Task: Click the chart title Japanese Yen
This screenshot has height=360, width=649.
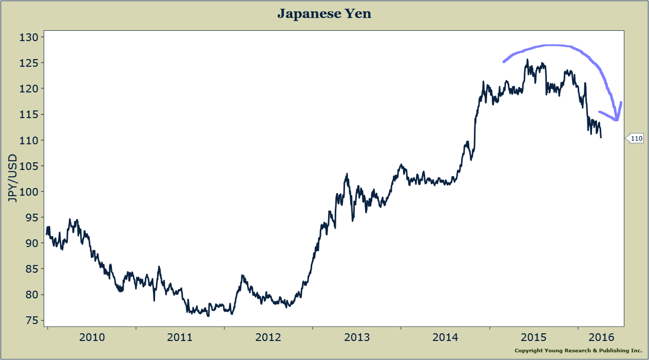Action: point(324,14)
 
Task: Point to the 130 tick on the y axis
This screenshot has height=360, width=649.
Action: point(29,37)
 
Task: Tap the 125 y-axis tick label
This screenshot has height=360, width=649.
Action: point(29,63)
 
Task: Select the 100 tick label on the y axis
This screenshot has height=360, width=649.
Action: point(29,192)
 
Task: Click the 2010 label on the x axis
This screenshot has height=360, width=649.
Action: point(92,337)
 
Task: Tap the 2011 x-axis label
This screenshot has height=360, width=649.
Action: point(180,337)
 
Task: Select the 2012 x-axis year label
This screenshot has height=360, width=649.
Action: point(269,337)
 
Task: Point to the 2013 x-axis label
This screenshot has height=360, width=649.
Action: point(357,337)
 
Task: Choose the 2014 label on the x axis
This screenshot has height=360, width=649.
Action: point(445,337)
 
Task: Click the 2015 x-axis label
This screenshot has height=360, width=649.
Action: point(534,337)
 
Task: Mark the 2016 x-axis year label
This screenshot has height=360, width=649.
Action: point(601,337)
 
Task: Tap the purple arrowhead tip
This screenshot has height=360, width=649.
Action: point(616,120)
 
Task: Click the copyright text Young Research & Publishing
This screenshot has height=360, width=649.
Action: point(578,351)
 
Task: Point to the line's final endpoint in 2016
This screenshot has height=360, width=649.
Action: point(601,137)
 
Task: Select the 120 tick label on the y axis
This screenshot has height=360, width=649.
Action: point(29,89)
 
